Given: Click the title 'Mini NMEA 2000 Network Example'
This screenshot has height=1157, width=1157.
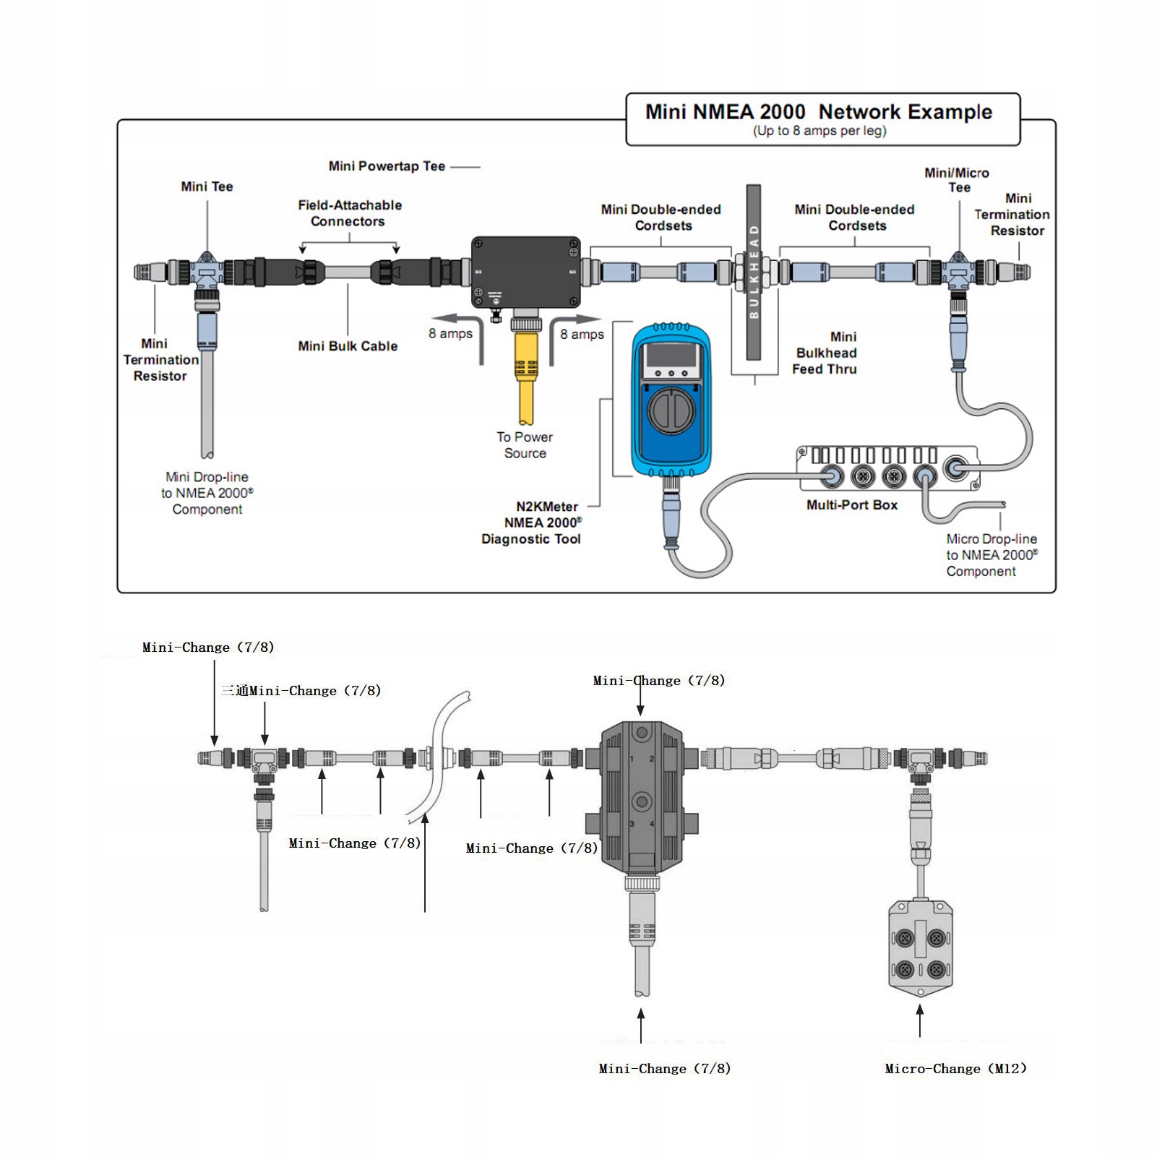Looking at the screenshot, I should (x=818, y=112).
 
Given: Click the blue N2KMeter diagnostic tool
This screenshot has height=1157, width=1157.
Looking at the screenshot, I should (x=671, y=401).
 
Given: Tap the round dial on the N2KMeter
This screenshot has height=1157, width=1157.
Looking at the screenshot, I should (x=671, y=410).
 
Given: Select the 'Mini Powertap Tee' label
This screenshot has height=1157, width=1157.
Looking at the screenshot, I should (x=387, y=166).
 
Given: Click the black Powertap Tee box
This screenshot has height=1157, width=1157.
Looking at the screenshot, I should (x=525, y=272).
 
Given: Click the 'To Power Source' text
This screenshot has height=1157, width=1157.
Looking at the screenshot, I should (x=525, y=445).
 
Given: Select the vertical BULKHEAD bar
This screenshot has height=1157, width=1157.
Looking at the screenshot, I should (x=754, y=272).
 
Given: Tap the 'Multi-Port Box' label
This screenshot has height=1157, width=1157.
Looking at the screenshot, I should (x=852, y=505).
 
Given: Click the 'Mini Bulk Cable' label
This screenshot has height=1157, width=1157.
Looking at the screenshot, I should (x=348, y=346).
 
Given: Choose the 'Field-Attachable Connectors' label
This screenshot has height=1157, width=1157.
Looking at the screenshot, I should (x=349, y=213).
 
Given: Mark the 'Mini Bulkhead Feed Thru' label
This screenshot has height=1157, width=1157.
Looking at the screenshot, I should (x=825, y=353).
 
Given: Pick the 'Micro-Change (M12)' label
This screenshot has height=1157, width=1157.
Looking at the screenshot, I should (x=955, y=1069).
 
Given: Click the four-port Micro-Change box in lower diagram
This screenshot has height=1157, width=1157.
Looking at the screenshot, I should (x=920, y=947).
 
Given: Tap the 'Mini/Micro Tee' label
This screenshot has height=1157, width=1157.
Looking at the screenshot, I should (x=958, y=180).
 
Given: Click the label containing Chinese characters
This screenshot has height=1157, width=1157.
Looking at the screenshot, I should (x=301, y=691).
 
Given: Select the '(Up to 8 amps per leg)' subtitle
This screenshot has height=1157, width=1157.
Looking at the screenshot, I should (x=820, y=131).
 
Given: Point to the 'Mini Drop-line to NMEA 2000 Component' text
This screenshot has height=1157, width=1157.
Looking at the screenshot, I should (x=207, y=493).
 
